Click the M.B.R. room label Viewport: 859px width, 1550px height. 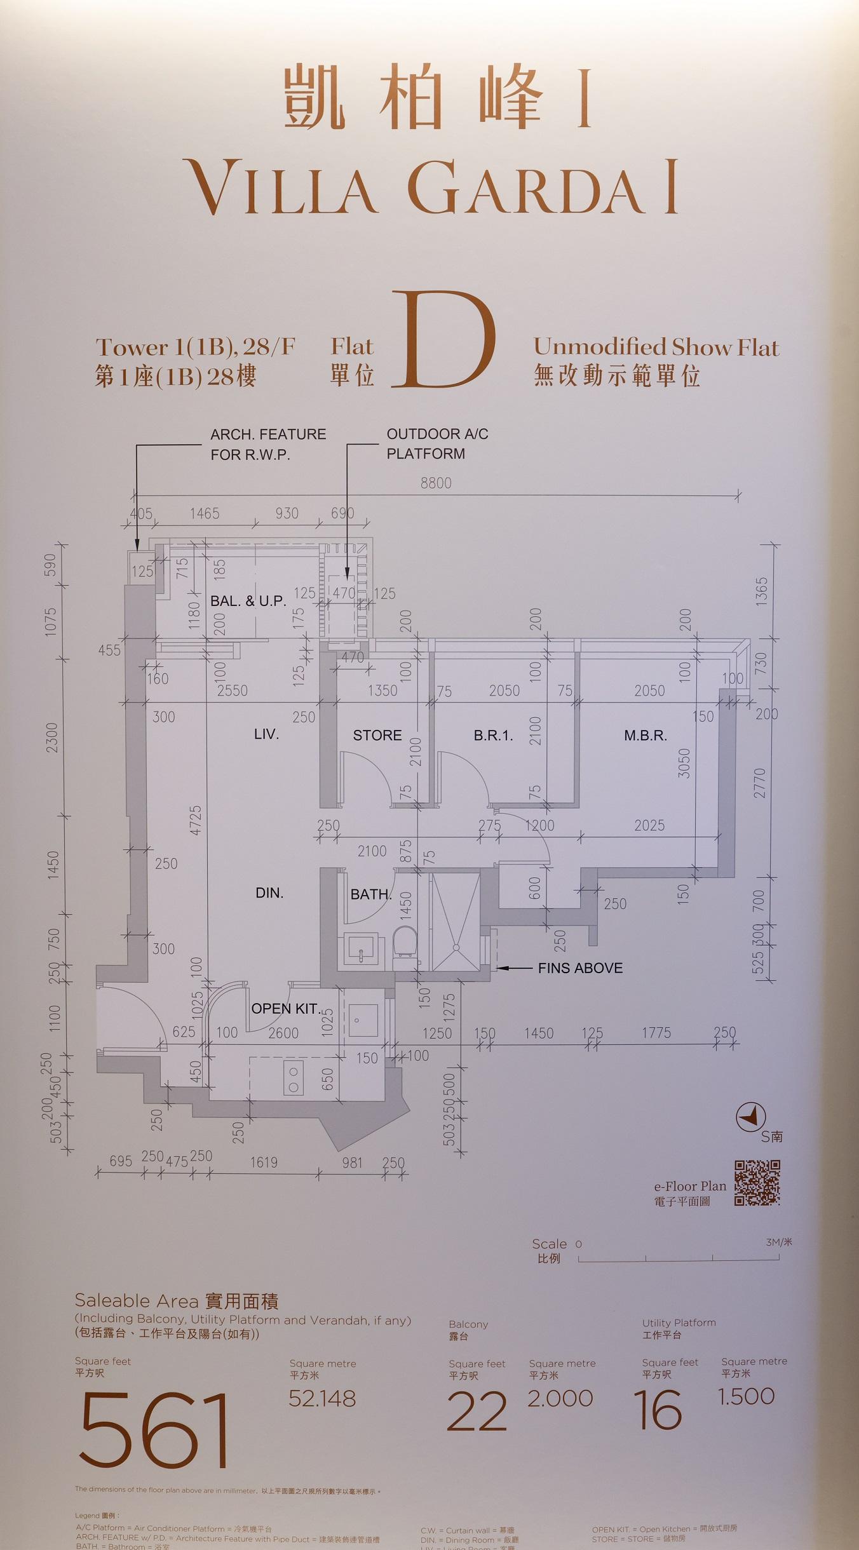click(645, 736)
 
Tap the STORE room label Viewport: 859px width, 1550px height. click(377, 736)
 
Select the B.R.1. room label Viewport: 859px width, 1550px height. click(493, 736)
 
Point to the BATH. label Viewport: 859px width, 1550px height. click(370, 894)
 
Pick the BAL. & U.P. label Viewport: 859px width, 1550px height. click(248, 601)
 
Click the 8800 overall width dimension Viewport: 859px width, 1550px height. click(436, 483)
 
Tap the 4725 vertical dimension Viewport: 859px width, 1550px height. click(196, 820)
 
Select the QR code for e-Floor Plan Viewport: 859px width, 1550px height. click(757, 1183)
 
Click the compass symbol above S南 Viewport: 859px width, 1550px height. click(750, 1117)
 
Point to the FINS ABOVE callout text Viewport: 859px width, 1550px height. click(580, 968)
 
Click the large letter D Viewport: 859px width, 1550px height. click(443, 340)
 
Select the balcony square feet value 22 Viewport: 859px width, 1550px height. click(477, 1412)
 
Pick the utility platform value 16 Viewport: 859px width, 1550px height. click(658, 1410)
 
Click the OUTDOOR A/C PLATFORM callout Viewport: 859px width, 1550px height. click(437, 443)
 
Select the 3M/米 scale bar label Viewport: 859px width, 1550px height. click(779, 1242)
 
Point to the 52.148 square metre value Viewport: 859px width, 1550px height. click(322, 1398)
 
